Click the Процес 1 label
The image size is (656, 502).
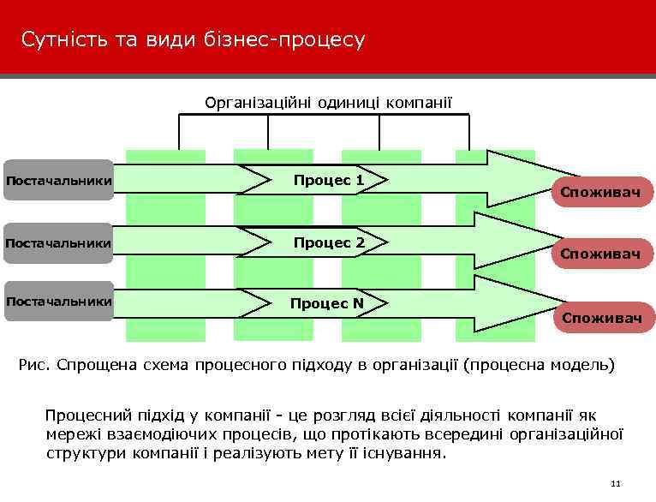[328, 181]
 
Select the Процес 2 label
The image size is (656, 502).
[328, 242]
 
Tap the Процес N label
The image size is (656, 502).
[326, 303]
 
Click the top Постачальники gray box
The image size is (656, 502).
[58, 180]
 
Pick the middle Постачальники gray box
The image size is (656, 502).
[58, 243]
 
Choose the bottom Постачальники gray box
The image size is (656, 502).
[58, 302]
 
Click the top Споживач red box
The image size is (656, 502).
[600, 193]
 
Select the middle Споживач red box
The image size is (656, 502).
[600, 254]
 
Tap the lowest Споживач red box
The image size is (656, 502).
[602, 318]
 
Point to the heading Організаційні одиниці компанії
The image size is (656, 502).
[328, 104]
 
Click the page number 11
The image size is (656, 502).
[614, 485]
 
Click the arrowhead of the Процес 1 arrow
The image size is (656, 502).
[514, 178]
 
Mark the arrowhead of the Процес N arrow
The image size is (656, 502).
[514, 302]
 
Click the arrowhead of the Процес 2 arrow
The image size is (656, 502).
[514, 242]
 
